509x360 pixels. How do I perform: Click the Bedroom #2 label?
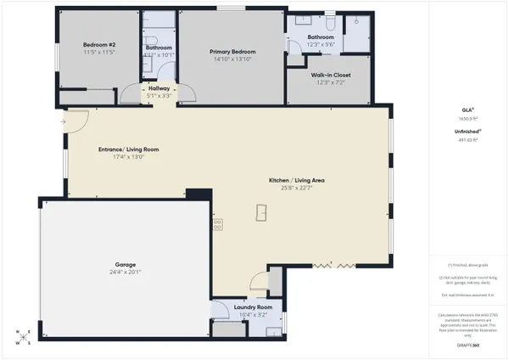98,44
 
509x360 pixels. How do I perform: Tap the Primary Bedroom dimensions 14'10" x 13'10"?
233,59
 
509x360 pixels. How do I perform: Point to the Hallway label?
159,87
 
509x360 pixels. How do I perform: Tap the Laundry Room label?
253,306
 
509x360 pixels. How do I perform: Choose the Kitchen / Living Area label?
298,181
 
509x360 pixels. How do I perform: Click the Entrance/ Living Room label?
123,149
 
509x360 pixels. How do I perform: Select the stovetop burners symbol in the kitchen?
218,224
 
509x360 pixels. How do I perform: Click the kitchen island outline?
261,213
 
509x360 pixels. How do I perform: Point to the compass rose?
24,336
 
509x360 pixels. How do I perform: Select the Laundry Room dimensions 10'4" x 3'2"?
253,313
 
